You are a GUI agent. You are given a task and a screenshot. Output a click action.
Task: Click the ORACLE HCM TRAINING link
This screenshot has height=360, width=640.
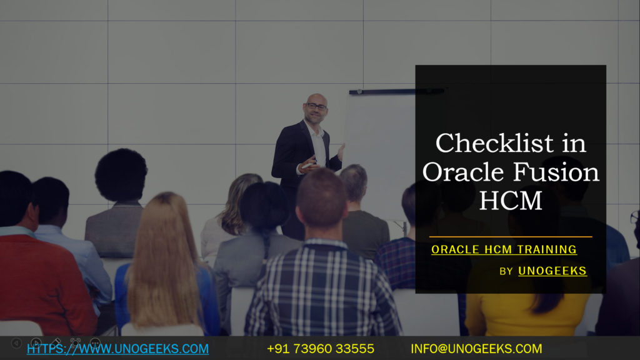click(x=504, y=249)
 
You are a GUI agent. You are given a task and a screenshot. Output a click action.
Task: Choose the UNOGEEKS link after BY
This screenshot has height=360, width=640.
click(x=552, y=271)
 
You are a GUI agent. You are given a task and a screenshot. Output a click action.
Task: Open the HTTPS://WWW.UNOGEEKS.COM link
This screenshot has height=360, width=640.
click(x=117, y=348)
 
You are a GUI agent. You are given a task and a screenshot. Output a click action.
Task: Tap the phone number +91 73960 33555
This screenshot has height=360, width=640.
click(x=320, y=348)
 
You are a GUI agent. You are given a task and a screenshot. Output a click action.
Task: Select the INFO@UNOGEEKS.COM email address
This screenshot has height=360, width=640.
click(x=476, y=348)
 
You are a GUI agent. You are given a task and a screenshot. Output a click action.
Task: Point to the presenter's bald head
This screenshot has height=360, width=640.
click(x=316, y=98)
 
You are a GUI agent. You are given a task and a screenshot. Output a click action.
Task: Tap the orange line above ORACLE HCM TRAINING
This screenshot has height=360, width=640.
click(x=510, y=237)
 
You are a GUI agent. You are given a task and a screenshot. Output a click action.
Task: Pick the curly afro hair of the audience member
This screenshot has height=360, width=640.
click(x=121, y=176)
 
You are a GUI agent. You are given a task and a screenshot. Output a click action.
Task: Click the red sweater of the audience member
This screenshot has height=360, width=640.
click(x=37, y=281)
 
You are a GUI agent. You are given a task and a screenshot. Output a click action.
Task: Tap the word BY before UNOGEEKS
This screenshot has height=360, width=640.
click(x=506, y=271)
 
